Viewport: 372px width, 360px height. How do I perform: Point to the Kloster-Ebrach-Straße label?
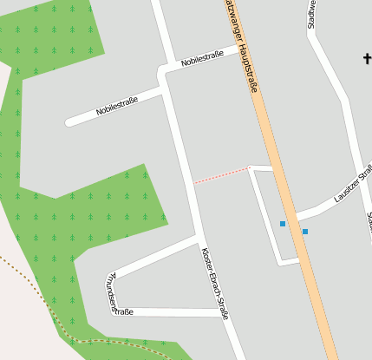pos(214,283)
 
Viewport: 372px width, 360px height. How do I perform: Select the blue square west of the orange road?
pos(283,224)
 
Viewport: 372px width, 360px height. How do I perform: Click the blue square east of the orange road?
pos(305,231)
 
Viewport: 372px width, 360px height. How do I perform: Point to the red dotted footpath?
pos(221,175)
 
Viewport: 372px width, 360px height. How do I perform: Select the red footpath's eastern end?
pos(250,167)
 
